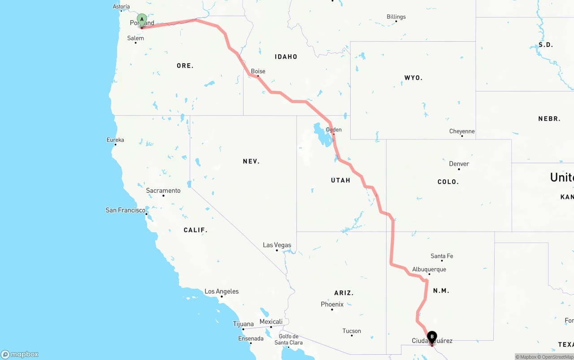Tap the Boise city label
click(258, 71)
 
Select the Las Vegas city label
click(277, 245)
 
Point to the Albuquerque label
click(429, 269)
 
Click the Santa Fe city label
click(442, 256)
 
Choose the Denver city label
click(459, 164)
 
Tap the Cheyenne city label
click(462, 131)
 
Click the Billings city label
click(396, 17)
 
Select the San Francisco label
click(126, 210)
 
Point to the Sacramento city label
click(163, 191)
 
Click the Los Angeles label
click(222, 291)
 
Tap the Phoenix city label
click(332, 304)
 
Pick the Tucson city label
click(352, 331)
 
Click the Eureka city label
click(115, 140)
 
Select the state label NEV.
click(251, 161)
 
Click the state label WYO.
click(413, 78)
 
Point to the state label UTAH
click(340, 180)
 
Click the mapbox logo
click(20, 355)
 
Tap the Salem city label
click(135, 39)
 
